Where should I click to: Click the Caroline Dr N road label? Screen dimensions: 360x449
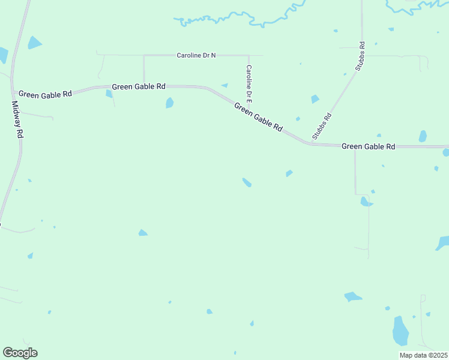pos(196,55)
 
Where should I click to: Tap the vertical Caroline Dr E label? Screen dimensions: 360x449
pos(249,83)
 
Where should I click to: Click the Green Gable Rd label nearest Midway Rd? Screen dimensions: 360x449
pos(45,94)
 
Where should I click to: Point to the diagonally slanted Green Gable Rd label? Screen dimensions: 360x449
pos(258,117)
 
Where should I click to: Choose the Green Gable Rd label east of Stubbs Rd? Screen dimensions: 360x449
pos(368,146)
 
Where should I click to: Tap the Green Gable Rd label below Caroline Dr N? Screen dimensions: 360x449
pos(139,86)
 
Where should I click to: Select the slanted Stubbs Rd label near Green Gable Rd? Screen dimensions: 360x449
pos(322,127)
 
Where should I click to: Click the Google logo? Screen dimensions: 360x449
pos(20,353)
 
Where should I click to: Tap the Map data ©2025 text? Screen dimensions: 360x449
pos(423,355)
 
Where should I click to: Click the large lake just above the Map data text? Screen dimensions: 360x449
pos(400,331)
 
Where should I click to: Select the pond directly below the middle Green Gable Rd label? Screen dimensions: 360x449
pos(170,103)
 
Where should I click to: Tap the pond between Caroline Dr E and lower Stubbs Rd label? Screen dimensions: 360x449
pos(315,99)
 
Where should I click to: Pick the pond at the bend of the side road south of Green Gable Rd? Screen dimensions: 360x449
pos(366,202)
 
